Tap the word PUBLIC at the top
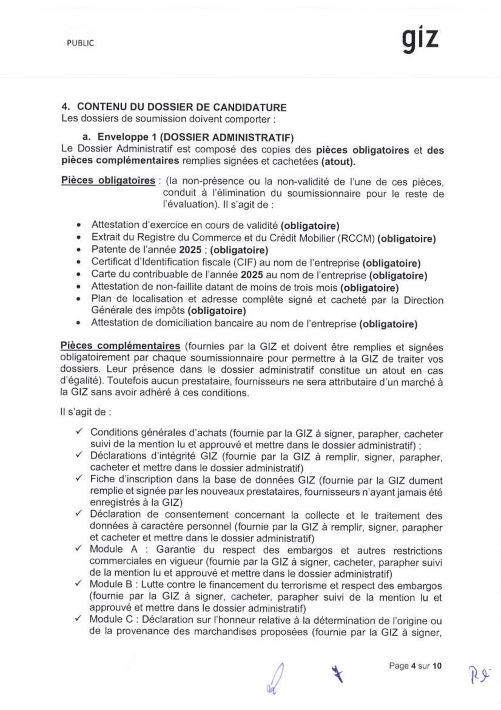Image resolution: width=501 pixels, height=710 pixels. pyautogui.click(x=80, y=43)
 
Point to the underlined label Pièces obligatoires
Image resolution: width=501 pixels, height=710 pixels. pyautogui.click(x=108, y=180)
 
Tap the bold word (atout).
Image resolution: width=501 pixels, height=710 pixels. pyautogui.click(x=338, y=162)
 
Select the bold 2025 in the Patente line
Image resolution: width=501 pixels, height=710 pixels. pyautogui.click(x=190, y=250)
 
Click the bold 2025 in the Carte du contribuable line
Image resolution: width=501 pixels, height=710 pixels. pyautogui.click(x=252, y=275)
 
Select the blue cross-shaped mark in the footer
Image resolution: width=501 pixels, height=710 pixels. pyautogui.click(x=337, y=674)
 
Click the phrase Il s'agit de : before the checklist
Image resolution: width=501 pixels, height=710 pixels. pyautogui.click(x=86, y=412)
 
